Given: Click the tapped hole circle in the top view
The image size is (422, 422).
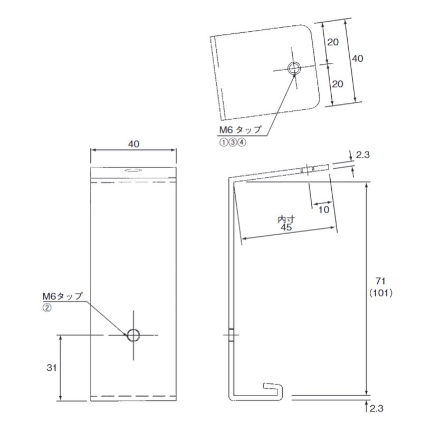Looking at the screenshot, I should [x=294, y=68].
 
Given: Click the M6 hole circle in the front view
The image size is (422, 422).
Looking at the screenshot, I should [x=133, y=334].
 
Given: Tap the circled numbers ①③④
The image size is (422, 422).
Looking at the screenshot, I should [x=233, y=141].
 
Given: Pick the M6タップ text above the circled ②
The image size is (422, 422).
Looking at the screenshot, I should [x=63, y=296].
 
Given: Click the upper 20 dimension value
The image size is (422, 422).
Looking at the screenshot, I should [x=333, y=42].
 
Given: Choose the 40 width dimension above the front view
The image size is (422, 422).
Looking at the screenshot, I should [x=133, y=143].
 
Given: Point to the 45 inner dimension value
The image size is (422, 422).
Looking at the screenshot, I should [x=286, y=227].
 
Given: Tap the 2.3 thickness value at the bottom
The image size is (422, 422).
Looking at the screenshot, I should [x=377, y=408].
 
